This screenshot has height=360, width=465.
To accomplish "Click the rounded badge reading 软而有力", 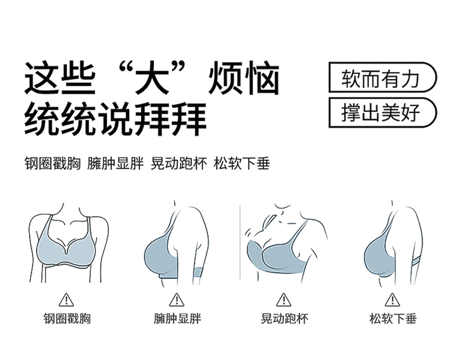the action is (x=383, y=77).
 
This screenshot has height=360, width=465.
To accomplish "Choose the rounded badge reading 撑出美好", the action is (x=383, y=113).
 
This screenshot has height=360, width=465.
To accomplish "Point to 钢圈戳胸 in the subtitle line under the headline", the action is (x=53, y=163).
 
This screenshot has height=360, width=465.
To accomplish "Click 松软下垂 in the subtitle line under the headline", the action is (x=242, y=163).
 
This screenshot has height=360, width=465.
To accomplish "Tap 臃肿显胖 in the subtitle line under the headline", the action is (x=115, y=163).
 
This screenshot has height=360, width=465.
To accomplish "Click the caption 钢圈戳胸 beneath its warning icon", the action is (x=67, y=319).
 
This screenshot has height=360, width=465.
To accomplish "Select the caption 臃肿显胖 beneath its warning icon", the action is (x=177, y=319).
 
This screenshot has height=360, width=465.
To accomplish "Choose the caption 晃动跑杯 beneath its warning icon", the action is (x=285, y=319).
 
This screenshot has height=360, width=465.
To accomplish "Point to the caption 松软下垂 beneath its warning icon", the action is (x=393, y=319).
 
